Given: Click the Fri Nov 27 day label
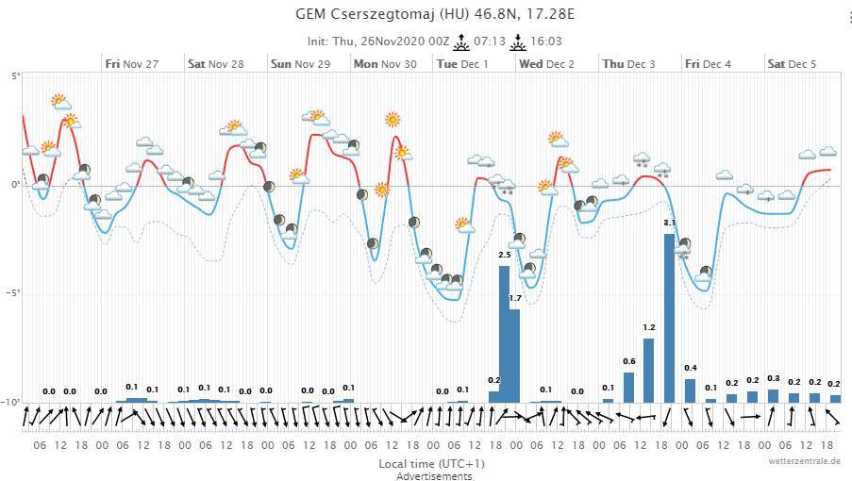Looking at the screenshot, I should tap(132, 64).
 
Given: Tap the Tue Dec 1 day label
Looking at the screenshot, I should tap(461, 64).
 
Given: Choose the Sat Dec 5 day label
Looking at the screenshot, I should tap(792, 64).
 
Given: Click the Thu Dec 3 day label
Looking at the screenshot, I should tap(628, 64).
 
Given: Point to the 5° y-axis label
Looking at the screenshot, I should tap(13, 76).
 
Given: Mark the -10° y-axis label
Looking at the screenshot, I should tap(11, 403).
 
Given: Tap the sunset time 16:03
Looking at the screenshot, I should tap(546, 42).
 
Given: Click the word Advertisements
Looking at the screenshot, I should tap(435, 475).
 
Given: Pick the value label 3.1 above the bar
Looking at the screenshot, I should tap(669, 223).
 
